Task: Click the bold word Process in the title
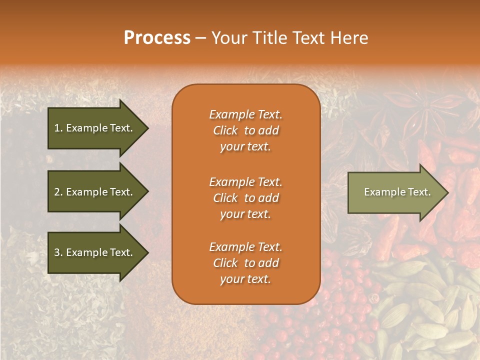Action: [x=157, y=37]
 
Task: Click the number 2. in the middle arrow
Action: [x=58, y=192]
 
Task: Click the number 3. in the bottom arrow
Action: [x=58, y=252]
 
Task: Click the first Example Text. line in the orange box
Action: [x=245, y=114]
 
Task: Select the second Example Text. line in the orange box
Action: [x=245, y=181]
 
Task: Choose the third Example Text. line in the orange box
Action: [x=245, y=247]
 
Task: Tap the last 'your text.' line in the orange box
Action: [x=245, y=279]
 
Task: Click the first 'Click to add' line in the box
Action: [x=245, y=130]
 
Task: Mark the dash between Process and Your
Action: [x=200, y=38]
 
